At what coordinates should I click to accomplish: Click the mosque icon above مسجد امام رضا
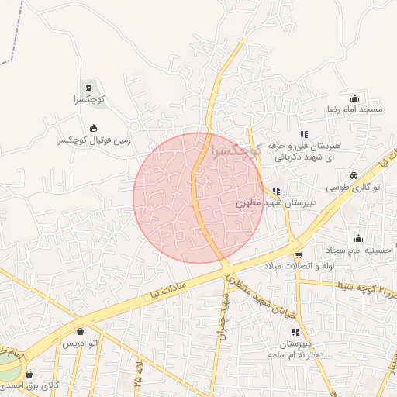(x=355, y=98)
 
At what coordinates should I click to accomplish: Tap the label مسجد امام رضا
(x=354, y=110)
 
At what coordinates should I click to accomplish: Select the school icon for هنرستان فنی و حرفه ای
(x=303, y=134)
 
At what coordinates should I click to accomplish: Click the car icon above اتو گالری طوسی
(x=354, y=176)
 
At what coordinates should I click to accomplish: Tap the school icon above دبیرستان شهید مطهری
(x=276, y=191)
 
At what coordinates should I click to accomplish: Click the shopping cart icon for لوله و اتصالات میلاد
(x=299, y=254)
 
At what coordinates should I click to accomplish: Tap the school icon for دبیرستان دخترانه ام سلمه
(x=295, y=332)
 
